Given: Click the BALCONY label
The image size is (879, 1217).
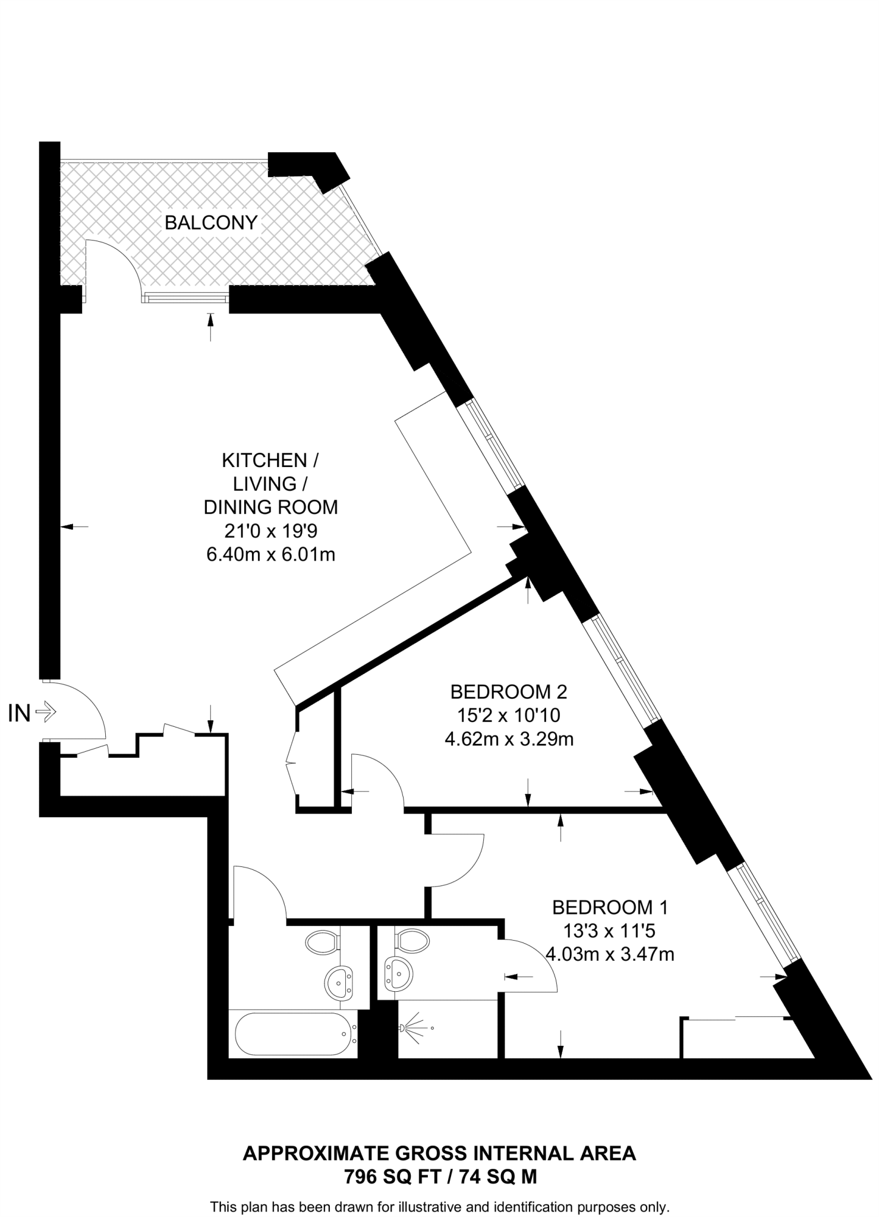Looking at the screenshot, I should (x=211, y=223).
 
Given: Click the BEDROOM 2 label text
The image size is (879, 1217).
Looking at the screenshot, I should (x=509, y=692).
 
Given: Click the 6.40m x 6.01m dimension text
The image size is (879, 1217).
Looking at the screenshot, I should (x=270, y=554).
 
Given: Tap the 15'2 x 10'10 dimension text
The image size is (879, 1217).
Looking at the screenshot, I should (x=509, y=715).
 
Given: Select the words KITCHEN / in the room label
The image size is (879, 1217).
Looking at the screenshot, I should (x=270, y=460).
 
